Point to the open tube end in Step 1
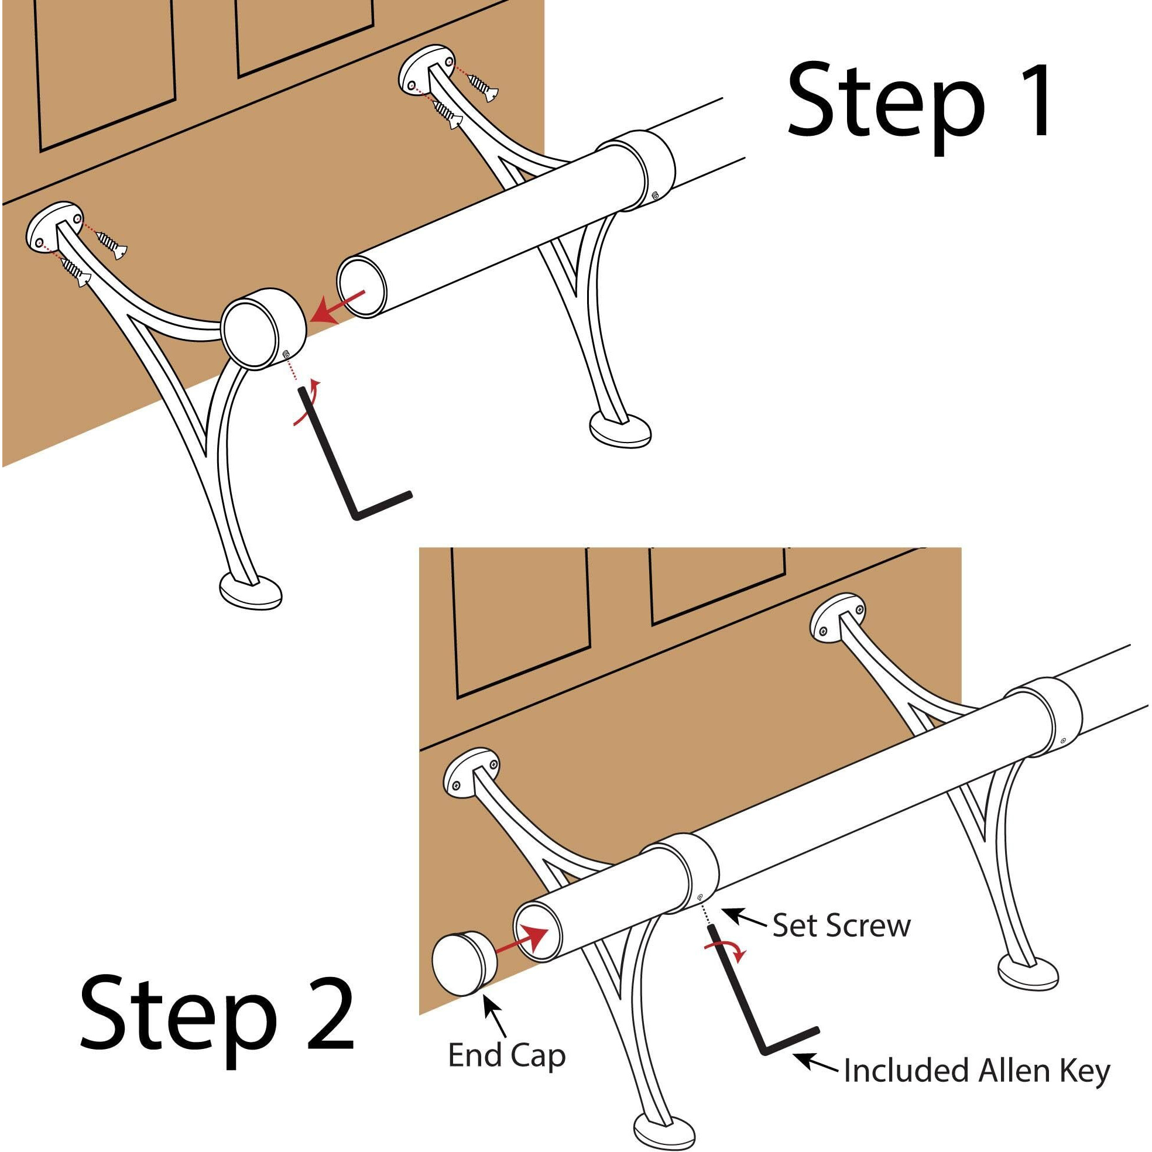click(x=361, y=287)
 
